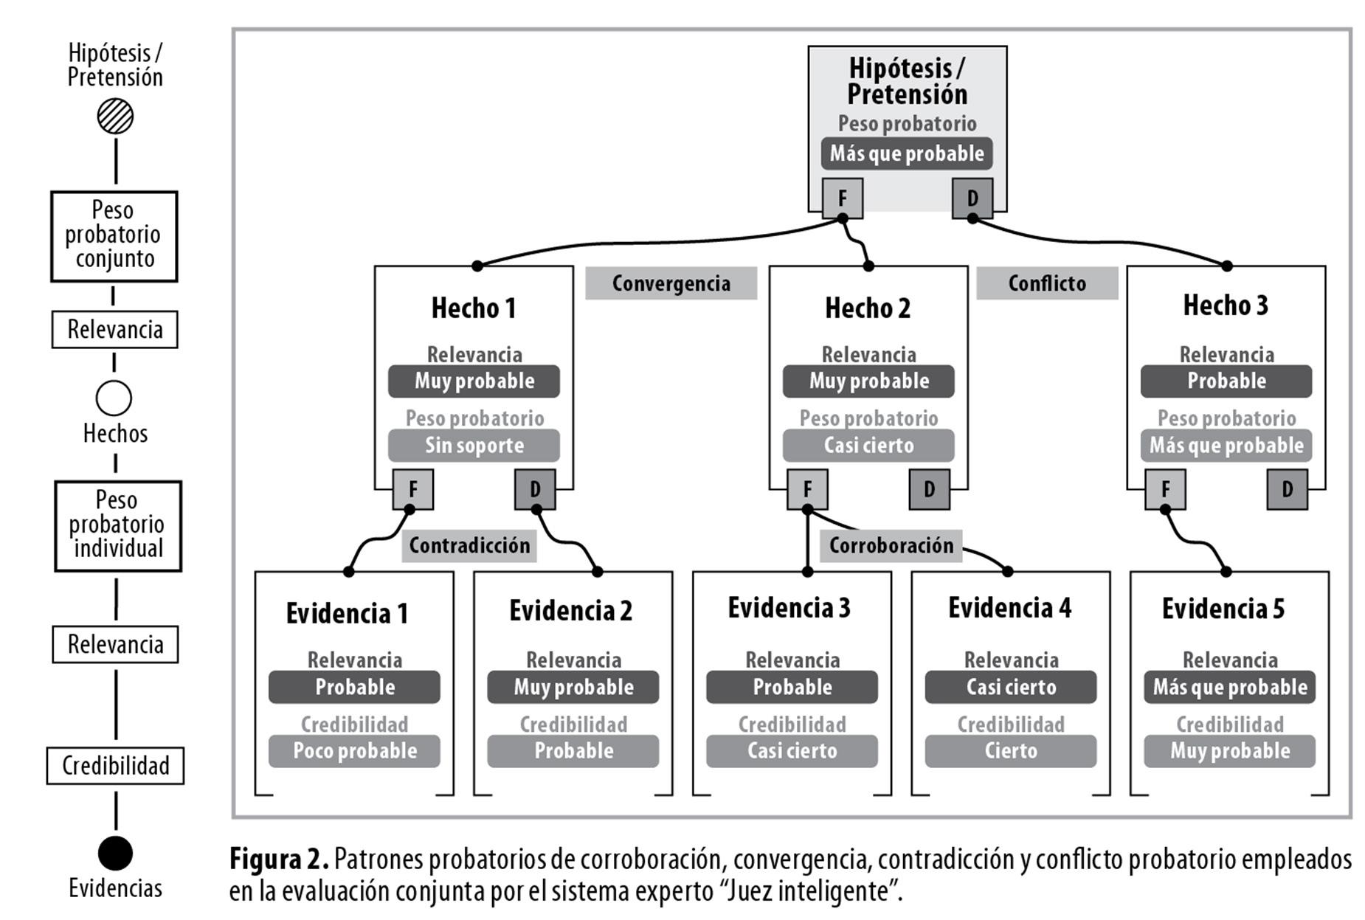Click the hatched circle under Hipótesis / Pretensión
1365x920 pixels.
115,117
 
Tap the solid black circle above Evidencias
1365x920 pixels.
115,854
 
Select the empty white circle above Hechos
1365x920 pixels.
114,398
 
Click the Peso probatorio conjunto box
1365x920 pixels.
114,236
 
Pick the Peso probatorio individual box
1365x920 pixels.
118,526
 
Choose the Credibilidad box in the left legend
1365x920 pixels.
115,766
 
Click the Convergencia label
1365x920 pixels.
671,283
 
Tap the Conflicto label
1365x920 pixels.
1047,283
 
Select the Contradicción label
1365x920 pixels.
469,545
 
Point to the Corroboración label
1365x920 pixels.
891,545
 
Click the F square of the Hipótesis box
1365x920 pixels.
843,198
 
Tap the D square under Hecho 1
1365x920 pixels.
535,489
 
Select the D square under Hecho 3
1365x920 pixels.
1287,489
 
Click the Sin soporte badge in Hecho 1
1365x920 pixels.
474,446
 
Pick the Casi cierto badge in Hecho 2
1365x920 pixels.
868,446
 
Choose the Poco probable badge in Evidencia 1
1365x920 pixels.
354,751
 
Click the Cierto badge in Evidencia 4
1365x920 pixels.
1011,751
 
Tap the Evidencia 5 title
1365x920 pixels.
1223,609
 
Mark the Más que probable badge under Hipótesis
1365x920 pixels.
907,153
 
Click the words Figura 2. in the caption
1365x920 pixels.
279,860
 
